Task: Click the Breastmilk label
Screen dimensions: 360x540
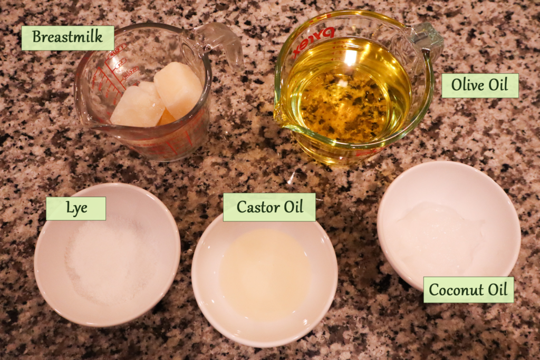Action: click(x=67, y=37)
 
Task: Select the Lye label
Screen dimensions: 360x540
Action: click(x=76, y=209)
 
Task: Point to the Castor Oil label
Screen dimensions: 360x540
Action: click(x=269, y=207)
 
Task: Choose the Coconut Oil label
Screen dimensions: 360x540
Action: click(x=468, y=290)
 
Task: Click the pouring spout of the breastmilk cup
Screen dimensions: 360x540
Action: click(x=84, y=121)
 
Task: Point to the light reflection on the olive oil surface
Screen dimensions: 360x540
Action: click(x=350, y=58)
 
